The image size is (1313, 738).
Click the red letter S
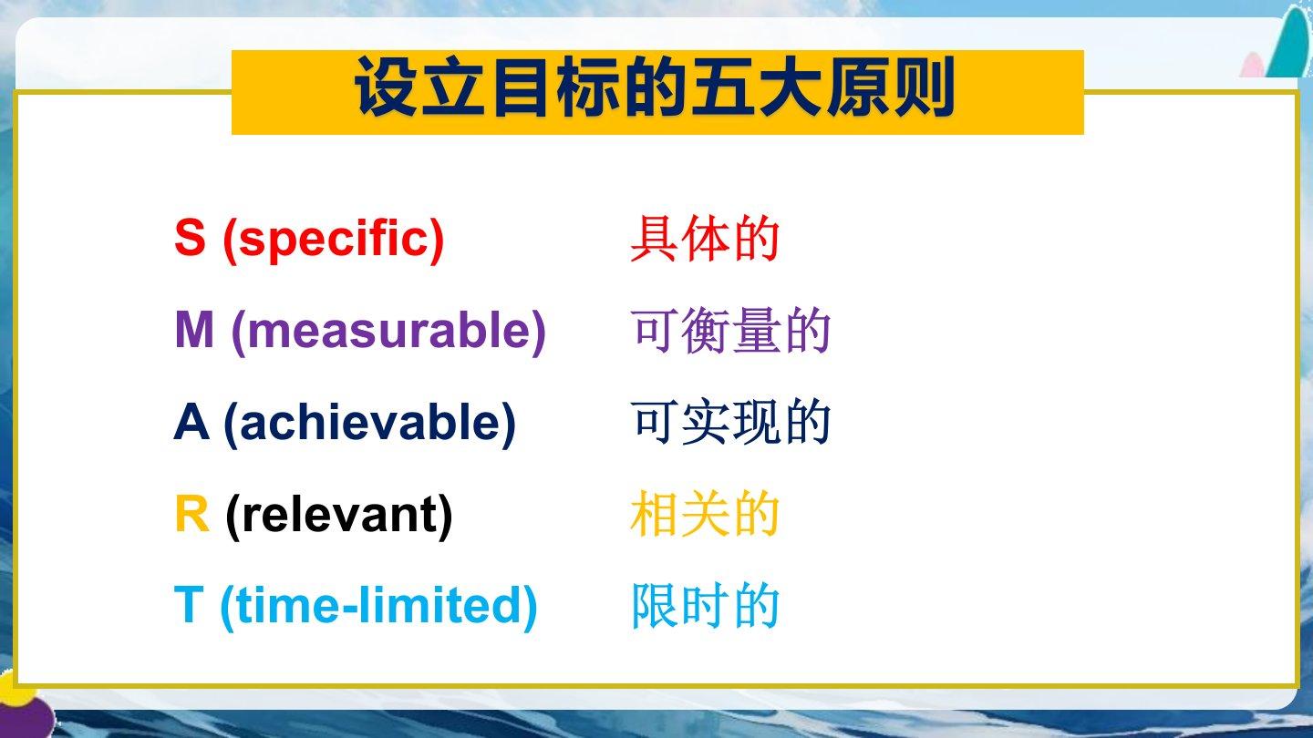coord(190,237)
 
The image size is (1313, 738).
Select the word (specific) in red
coord(333,240)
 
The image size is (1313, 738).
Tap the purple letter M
coord(194,330)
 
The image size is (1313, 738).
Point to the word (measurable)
coord(388,332)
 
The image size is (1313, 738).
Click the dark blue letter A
coord(191,422)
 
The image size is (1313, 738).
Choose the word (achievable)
coord(370,424)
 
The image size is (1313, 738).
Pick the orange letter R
coord(191,514)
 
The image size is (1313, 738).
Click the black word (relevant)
coord(339,516)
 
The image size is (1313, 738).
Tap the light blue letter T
coord(189,605)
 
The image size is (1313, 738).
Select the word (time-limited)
coord(378,607)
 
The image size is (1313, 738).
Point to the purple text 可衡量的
coord(730,331)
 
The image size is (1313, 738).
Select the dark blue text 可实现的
coord(730,423)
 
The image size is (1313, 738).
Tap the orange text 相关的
coord(704,514)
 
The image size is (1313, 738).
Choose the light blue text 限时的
coord(705,606)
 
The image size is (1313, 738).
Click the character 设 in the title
coord(387,87)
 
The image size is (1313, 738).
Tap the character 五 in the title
coord(722,87)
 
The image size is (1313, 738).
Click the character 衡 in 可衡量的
coord(705,331)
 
